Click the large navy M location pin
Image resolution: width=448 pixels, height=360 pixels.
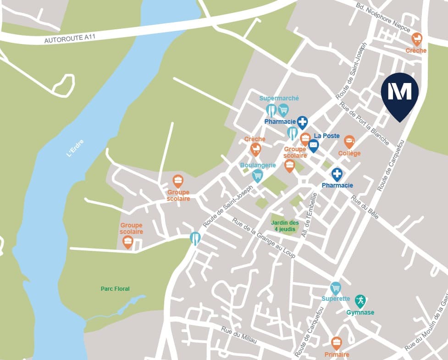(x=400, y=93)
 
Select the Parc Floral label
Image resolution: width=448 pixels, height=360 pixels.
(x=115, y=289)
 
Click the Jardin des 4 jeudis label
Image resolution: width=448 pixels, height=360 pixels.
(x=285, y=226)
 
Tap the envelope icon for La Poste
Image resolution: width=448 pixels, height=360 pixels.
(x=313, y=145)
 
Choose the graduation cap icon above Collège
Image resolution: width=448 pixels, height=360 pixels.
(x=349, y=141)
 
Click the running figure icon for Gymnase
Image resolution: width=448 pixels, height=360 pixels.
(x=360, y=301)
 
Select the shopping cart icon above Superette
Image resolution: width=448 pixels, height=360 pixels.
(x=336, y=288)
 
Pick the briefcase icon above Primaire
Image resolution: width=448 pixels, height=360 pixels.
(x=337, y=342)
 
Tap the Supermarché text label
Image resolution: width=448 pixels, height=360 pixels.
(x=279, y=98)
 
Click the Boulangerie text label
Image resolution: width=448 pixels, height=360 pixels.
(x=258, y=165)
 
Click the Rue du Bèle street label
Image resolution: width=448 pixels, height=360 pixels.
(x=365, y=207)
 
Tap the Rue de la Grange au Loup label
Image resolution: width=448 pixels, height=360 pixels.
(x=264, y=238)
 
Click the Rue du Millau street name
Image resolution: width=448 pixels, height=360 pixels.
(x=238, y=336)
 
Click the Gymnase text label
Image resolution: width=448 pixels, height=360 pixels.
(x=360, y=313)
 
